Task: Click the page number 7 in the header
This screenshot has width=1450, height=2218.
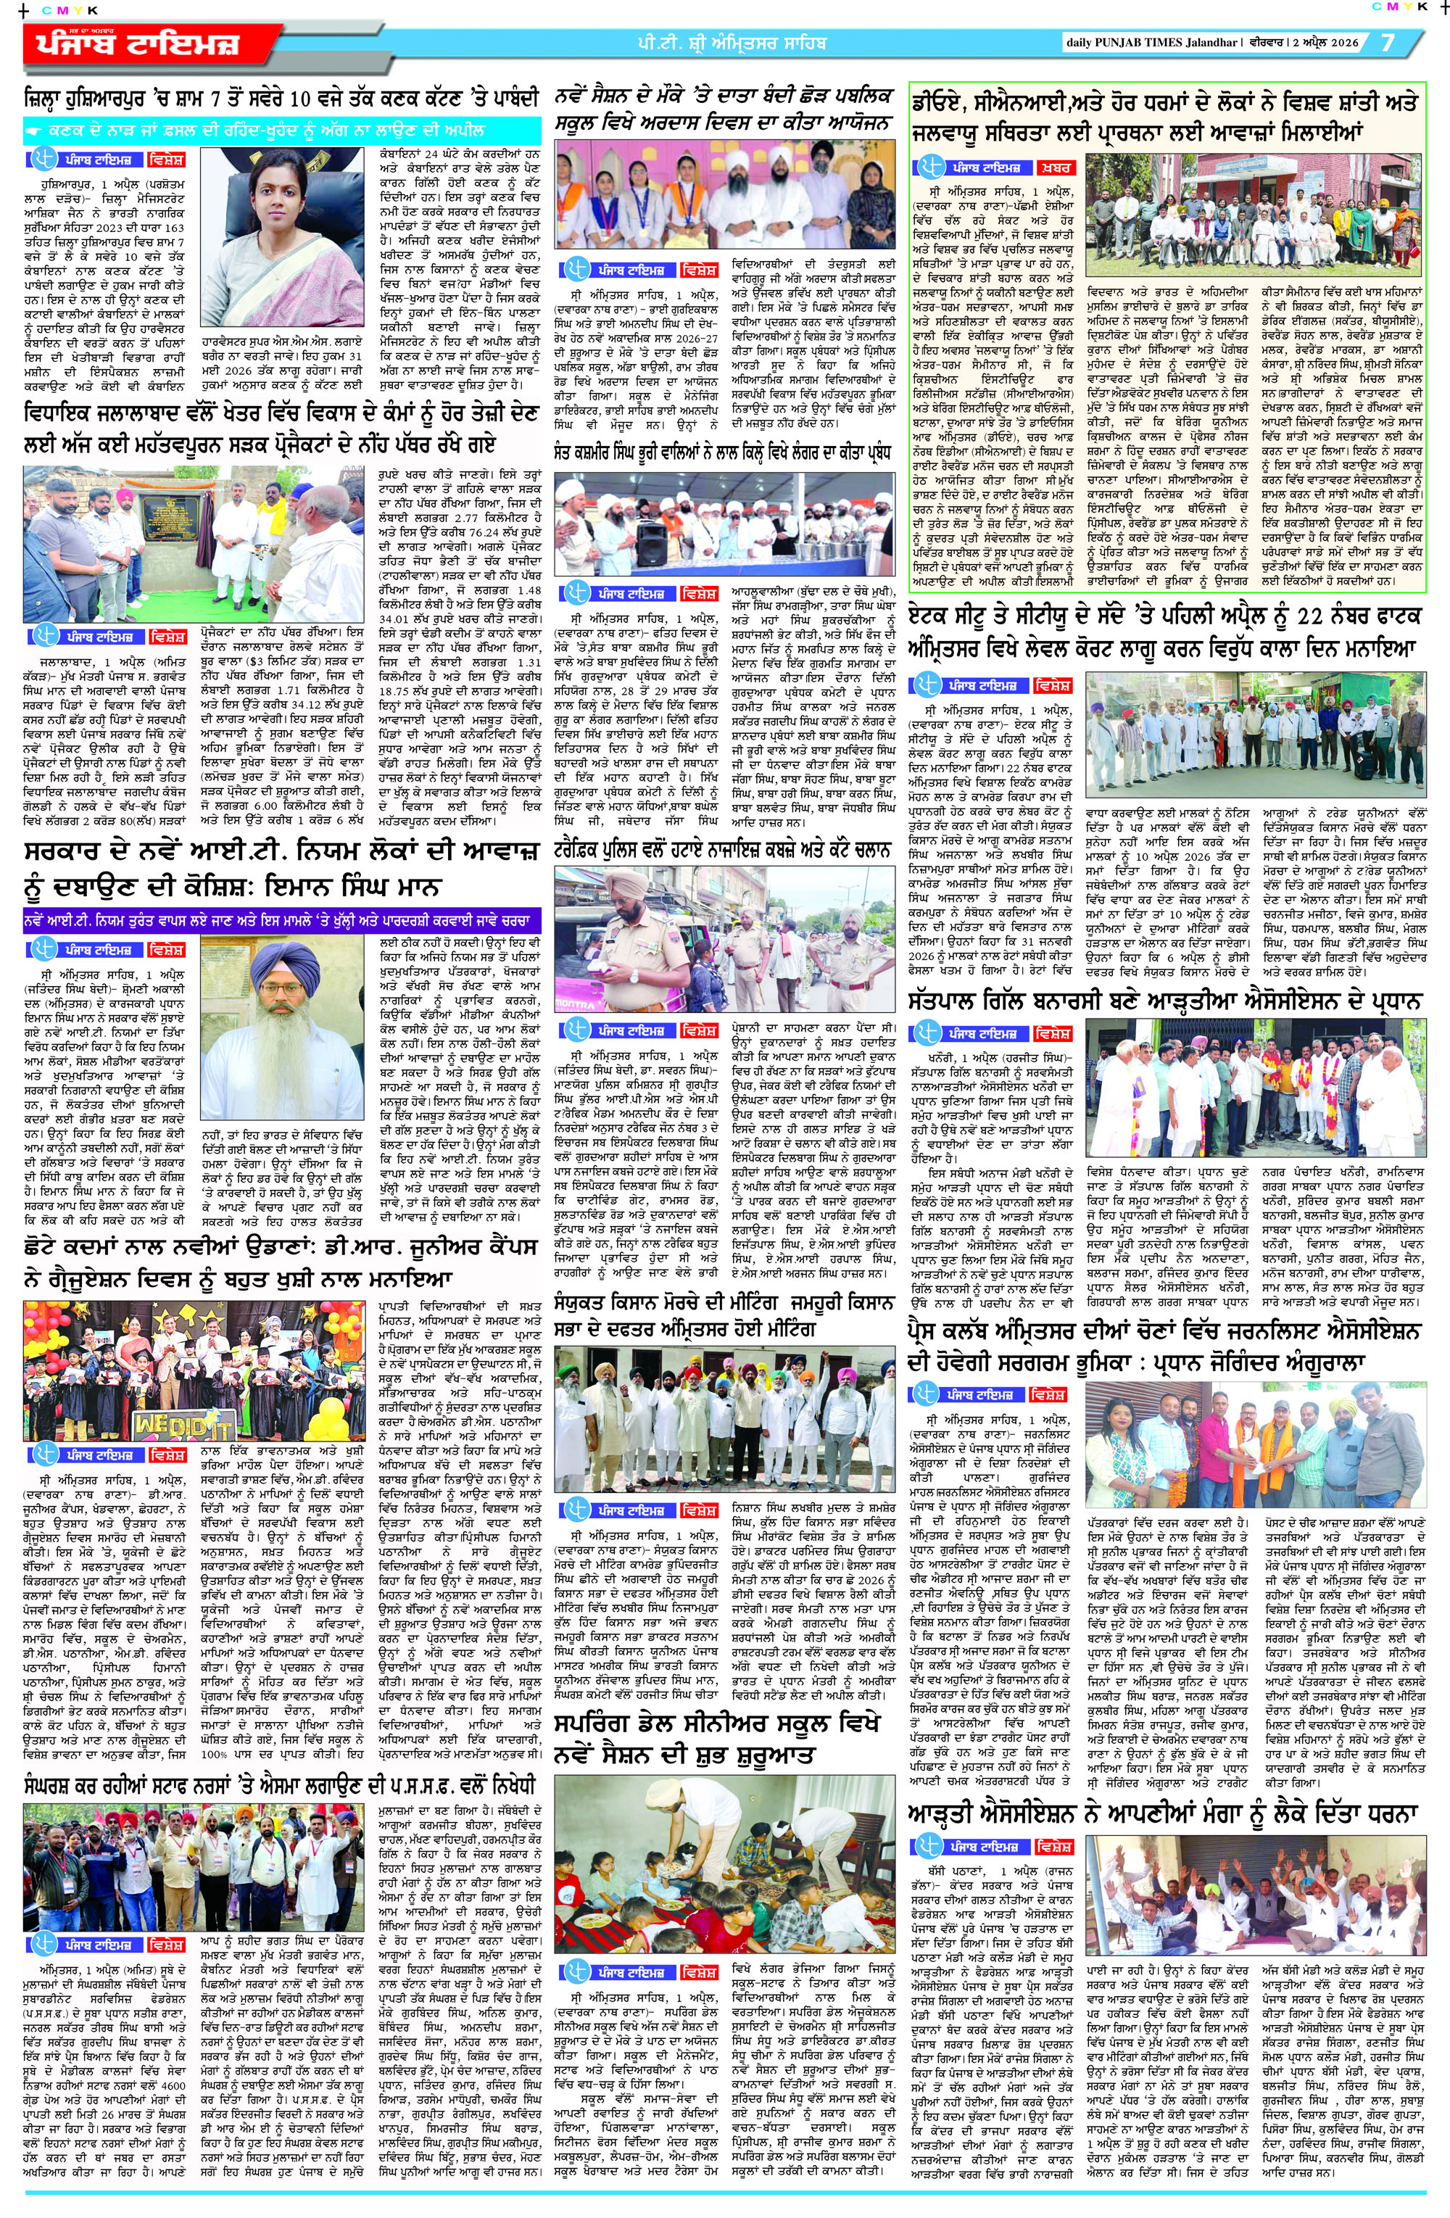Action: click(x=1388, y=43)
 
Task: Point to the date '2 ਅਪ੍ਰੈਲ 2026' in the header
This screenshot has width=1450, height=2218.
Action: click(x=1317, y=43)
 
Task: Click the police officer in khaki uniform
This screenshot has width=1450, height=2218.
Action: click(x=634, y=941)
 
